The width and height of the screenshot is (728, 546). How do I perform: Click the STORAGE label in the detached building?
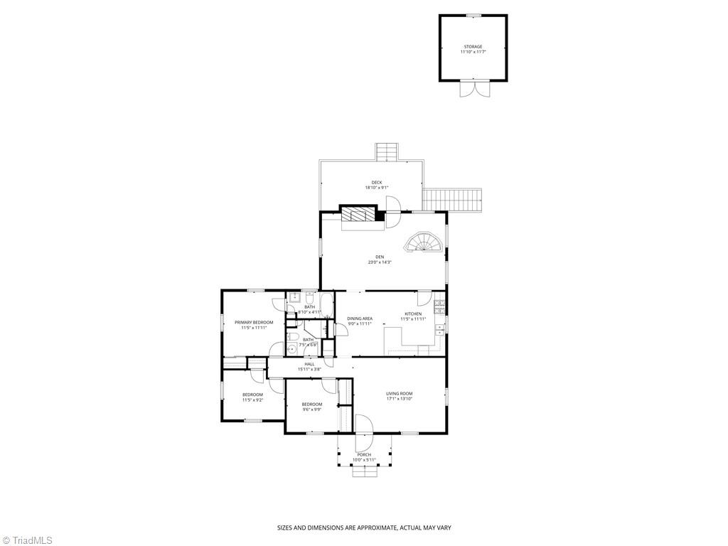(473, 47)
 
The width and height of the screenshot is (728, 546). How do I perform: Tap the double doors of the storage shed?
(473, 89)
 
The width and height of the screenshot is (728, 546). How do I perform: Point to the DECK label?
(376, 183)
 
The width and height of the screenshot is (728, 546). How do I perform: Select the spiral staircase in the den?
(426, 243)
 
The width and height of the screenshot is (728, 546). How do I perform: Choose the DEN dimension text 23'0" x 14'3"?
(379, 262)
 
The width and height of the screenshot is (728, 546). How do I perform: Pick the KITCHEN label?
(413, 314)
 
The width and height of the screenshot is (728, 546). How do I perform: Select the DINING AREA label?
(359, 318)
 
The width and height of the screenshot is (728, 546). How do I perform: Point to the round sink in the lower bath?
(291, 350)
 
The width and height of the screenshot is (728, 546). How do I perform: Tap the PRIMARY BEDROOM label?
(254, 322)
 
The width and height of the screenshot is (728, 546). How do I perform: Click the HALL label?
(309, 364)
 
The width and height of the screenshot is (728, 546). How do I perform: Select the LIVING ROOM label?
(399, 393)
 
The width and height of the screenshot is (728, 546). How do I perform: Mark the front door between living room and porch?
(363, 425)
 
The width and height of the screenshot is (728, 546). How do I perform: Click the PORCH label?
(364, 454)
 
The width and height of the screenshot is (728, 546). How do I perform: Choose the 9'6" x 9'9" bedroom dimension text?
(311, 409)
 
